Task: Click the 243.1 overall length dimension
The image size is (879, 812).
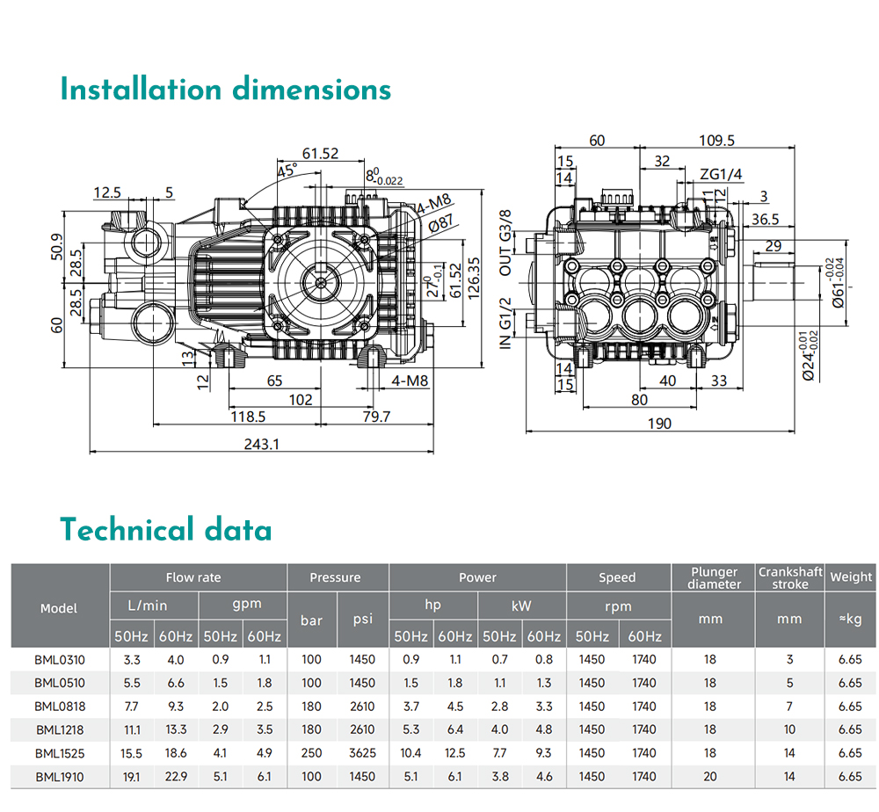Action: [261, 444]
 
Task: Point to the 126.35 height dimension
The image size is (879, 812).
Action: [474, 278]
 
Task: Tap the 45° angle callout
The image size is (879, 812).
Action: [287, 170]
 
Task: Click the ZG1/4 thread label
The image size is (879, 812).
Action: [721, 174]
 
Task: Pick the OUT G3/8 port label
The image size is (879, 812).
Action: [505, 243]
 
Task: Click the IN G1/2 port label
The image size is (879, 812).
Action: [505, 323]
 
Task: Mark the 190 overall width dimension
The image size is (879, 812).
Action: [659, 424]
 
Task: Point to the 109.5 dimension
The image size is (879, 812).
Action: [716, 140]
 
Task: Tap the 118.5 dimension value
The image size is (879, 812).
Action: [248, 417]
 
